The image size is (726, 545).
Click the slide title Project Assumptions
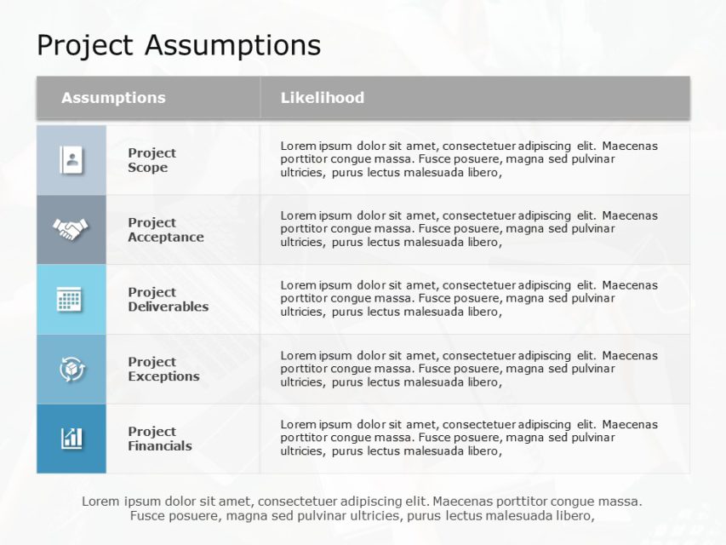coord(179,44)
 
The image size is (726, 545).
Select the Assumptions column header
coord(113,98)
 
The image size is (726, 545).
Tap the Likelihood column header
coord(323,98)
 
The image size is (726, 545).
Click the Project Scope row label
coord(151,160)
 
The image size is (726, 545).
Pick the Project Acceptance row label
coord(165,230)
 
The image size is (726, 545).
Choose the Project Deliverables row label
coord(168,300)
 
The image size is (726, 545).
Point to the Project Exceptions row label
coord(163,370)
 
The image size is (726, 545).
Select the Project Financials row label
coord(159,439)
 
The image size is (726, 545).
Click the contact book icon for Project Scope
coord(71,160)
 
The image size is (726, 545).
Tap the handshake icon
coord(71,229)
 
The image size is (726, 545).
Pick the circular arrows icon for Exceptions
coord(71,369)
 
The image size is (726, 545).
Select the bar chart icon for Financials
coord(71,439)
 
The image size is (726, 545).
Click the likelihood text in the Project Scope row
coord(469,159)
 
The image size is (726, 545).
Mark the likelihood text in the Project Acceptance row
coord(469,229)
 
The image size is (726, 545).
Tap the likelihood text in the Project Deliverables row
coord(469,299)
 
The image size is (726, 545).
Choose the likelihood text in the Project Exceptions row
coord(469,369)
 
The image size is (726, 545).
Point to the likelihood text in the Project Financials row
coord(469,438)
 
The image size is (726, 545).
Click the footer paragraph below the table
coord(363,508)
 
